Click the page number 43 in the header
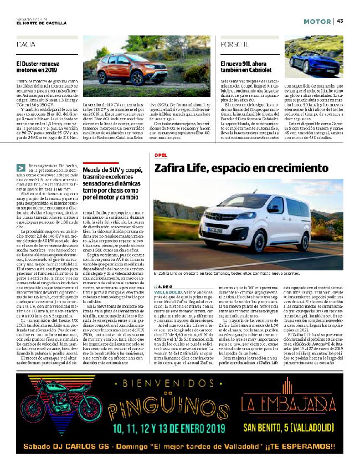click(340, 21)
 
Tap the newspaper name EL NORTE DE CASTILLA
click(42, 23)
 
